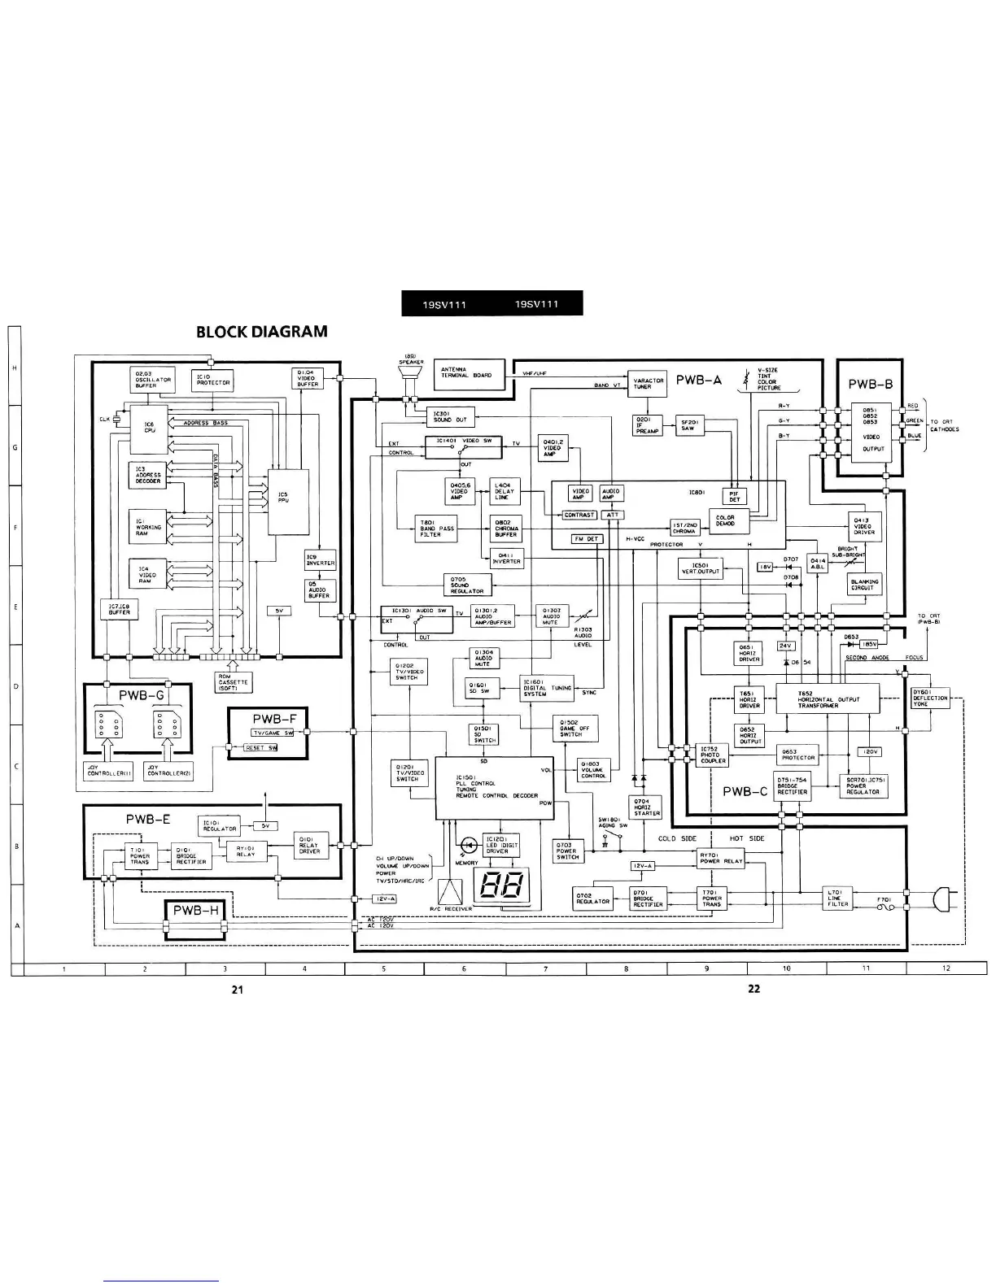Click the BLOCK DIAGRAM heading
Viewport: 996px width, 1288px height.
262,332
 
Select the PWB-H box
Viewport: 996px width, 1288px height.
196,912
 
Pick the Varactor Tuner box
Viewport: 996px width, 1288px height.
648,384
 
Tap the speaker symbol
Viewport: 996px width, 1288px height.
410,374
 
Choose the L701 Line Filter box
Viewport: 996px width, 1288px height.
837,899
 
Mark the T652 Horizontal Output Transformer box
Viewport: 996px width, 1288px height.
828,700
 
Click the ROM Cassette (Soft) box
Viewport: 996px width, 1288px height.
234,683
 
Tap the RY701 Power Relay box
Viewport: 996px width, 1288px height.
721,859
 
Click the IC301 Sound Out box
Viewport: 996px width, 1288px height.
450,417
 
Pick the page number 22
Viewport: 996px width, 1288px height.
754,990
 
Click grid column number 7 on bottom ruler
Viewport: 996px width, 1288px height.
545,968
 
